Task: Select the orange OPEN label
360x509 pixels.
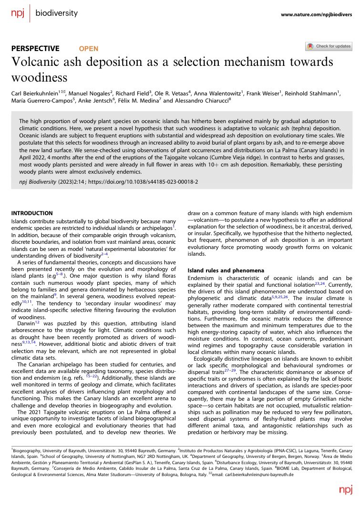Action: point(89,48)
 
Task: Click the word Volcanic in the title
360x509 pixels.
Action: point(40,62)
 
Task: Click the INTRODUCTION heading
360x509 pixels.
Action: point(31,213)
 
